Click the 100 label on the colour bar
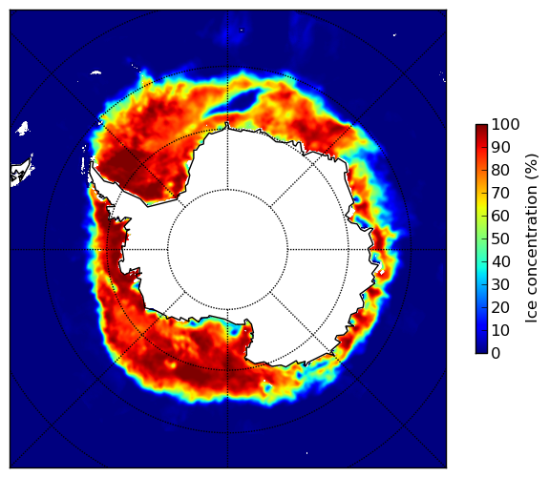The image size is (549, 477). click(505, 124)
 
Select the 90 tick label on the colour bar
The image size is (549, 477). click(500, 147)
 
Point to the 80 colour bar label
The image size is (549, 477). click(500, 170)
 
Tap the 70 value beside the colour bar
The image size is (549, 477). click(500, 193)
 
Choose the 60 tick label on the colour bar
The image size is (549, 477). click(500, 216)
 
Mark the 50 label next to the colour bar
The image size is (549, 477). click(500, 238)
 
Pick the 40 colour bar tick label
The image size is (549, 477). click(500, 261)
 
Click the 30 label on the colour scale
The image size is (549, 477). click(500, 284)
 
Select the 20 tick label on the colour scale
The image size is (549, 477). click(500, 307)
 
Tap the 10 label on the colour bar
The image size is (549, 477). click(500, 330)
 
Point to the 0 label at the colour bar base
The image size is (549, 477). click(496, 354)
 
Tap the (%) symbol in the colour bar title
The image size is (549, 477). click(532, 167)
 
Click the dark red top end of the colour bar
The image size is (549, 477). click(481, 127)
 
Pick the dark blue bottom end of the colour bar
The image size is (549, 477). click(481, 351)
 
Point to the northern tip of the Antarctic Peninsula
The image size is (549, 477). click(92, 163)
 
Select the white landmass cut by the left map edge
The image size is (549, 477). click(22, 172)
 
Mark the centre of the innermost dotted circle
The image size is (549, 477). click(227, 250)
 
